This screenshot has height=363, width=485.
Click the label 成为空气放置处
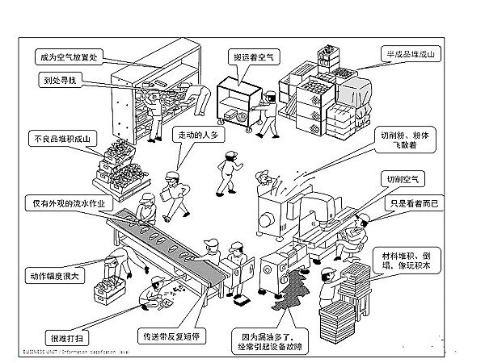[x=70, y=57]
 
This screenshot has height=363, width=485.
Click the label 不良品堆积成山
[x=62, y=138]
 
